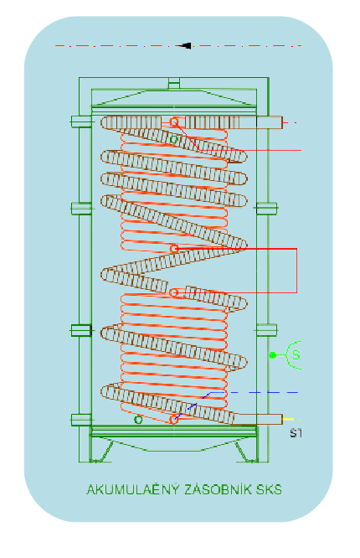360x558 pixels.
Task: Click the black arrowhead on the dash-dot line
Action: pyautogui.click(x=185, y=45)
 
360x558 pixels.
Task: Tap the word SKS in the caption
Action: pyautogui.click(x=269, y=489)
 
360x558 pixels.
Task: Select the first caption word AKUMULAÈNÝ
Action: pyautogui.click(x=133, y=489)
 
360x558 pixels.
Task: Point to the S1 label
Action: pyautogui.click(x=296, y=433)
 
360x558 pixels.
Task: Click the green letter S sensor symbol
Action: pyautogui.click(x=295, y=354)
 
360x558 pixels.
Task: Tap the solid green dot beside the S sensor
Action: pyautogui.click(x=273, y=354)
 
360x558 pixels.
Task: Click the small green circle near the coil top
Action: pyautogui.click(x=173, y=139)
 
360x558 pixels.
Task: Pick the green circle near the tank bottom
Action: pyautogui.click(x=138, y=420)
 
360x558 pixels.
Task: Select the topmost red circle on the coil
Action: pyautogui.click(x=173, y=122)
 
